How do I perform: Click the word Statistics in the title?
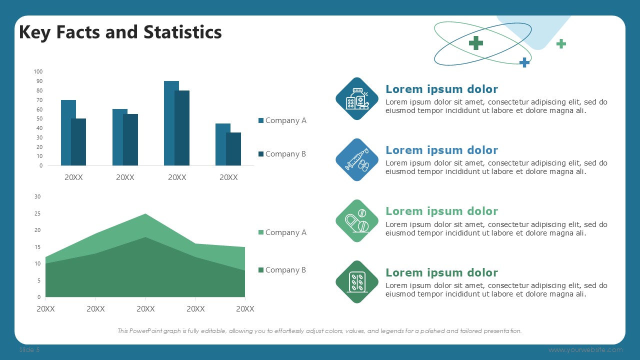point(182,31)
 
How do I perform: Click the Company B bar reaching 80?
point(182,128)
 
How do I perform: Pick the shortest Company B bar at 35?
point(233,149)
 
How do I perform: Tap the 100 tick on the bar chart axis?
point(38,71)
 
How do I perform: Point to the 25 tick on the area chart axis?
point(37,213)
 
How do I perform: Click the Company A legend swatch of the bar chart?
point(261,120)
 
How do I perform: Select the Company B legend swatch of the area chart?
point(261,270)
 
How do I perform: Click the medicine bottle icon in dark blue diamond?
point(357,99)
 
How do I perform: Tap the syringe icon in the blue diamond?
point(357,159)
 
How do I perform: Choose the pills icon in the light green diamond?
point(357,221)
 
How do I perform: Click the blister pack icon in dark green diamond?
point(357,282)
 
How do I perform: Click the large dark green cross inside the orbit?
point(476,43)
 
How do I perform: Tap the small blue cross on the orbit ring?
point(524,62)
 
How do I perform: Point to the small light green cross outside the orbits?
point(561,43)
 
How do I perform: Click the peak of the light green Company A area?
point(145,213)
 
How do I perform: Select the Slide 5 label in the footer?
point(29,349)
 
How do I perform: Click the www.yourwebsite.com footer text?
point(585,349)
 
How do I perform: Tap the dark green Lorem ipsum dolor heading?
point(441,272)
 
